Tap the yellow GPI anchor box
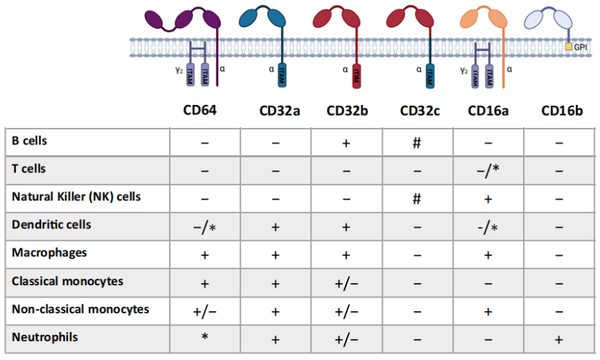pyautogui.click(x=569, y=47)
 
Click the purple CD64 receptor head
pyautogui.click(x=185, y=17)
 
